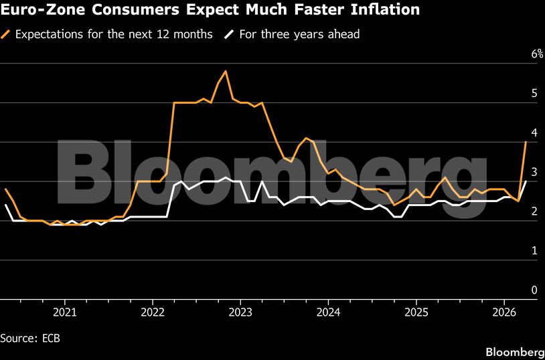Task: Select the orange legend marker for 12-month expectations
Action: point(7,34)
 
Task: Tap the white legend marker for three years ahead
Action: point(229,34)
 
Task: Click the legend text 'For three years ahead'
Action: point(300,34)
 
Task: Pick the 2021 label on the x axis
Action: point(64,312)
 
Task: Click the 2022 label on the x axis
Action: point(153,312)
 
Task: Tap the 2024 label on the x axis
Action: point(328,312)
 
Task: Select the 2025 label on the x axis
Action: point(416,312)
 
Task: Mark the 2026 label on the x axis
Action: point(504,312)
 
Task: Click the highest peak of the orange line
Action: point(226,71)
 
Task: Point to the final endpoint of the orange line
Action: point(526,142)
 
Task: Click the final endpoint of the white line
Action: point(526,181)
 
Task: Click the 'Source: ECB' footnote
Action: point(30,339)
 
